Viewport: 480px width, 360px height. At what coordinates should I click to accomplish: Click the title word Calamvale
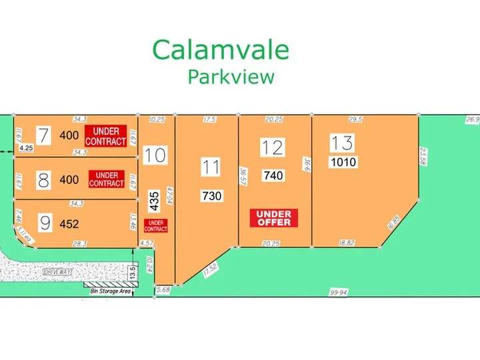(221, 51)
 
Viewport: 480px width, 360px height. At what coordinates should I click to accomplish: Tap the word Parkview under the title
(231, 77)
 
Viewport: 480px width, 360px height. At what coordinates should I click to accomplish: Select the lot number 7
(44, 135)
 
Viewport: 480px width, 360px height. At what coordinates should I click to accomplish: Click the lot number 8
(44, 179)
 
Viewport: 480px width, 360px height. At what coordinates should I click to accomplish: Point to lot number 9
(45, 224)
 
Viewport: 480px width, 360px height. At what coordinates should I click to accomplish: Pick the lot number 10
(155, 155)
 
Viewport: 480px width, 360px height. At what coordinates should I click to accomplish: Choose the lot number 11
(211, 167)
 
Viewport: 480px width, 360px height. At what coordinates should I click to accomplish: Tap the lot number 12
(273, 147)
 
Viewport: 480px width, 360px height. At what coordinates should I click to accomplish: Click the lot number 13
(342, 143)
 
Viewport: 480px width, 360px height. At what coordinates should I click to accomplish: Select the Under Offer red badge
(273, 218)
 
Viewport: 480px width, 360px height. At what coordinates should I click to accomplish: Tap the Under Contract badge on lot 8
(107, 179)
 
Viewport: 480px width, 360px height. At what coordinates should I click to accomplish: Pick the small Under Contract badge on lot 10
(155, 225)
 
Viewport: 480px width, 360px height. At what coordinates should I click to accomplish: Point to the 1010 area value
(343, 162)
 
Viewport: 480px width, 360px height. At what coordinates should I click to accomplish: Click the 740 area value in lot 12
(273, 176)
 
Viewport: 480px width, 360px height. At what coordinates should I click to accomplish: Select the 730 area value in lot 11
(211, 196)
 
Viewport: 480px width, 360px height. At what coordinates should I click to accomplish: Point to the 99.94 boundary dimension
(339, 293)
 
